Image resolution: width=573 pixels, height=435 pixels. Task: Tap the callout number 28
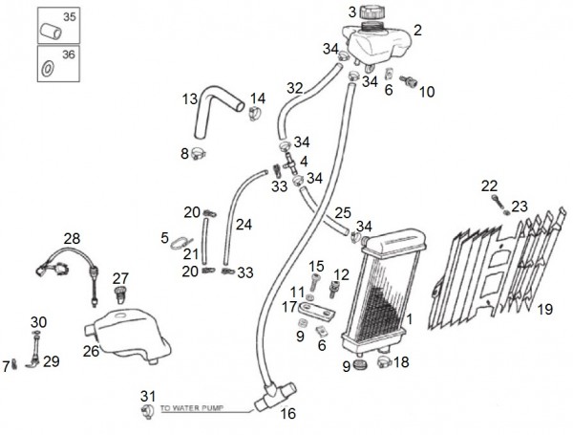(x=72, y=238)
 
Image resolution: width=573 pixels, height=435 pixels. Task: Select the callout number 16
(x=287, y=413)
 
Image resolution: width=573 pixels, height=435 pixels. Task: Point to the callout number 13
(x=190, y=98)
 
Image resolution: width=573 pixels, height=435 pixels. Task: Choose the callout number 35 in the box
(x=67, y=18)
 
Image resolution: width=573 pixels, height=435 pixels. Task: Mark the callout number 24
(x=244, y=226)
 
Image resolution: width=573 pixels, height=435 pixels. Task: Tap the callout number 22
(x=488, y=185)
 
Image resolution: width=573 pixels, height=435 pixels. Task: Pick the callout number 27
(x=120, y=277)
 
